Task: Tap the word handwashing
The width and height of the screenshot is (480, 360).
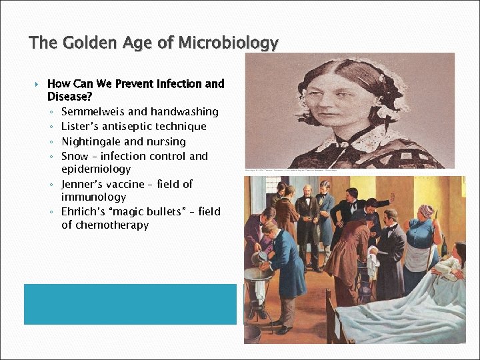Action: pyautogui.click(x=184, y=111)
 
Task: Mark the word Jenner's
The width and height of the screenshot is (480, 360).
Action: pyautogui.click(x=83, y=184)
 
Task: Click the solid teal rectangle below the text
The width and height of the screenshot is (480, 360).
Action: pyautogui.click(x=130, y=304)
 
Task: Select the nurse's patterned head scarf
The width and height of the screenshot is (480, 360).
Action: pyautogui.click(x=425, y=211)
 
